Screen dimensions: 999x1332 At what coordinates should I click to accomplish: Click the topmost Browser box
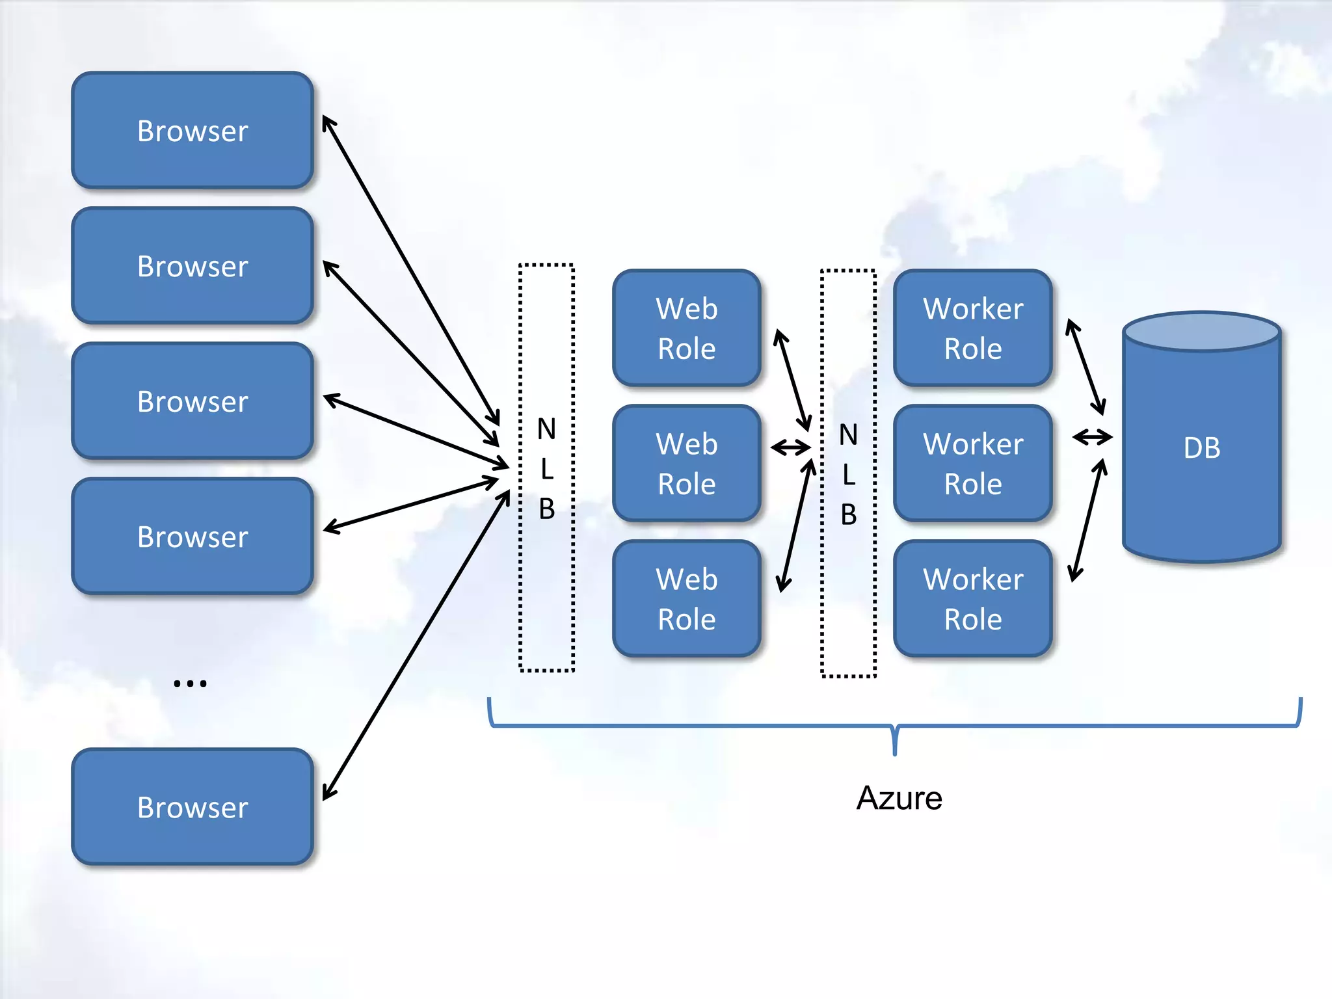[193, 130]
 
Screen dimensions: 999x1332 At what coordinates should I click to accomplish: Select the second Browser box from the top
[193, 265]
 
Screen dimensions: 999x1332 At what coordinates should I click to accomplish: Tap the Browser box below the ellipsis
[193, 806]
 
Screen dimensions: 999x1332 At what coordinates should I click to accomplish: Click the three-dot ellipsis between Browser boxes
[190, 683]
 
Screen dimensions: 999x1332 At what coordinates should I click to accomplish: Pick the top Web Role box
[686, 328]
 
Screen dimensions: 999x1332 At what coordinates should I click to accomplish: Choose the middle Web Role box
[686, 463]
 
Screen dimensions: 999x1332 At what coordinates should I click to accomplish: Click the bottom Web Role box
[686, 598]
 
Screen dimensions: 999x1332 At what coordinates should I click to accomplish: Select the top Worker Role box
[973, 328]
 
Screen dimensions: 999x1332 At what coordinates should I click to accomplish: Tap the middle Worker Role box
[973, 463]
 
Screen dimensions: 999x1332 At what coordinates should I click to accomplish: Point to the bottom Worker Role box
[973, 598]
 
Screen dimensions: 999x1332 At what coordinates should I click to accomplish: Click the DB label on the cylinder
[1202, 448]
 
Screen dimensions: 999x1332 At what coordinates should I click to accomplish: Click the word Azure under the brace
[899, 798]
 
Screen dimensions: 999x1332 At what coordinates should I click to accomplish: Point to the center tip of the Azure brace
[896, 753]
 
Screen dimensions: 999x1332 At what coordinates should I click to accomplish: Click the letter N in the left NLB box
[546, 429]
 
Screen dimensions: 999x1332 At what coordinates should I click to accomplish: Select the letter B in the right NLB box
[848, 514]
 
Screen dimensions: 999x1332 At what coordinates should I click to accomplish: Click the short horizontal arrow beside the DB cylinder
[1093, 437]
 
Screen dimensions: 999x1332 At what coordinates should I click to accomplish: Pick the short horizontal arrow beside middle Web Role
[791, 447]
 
